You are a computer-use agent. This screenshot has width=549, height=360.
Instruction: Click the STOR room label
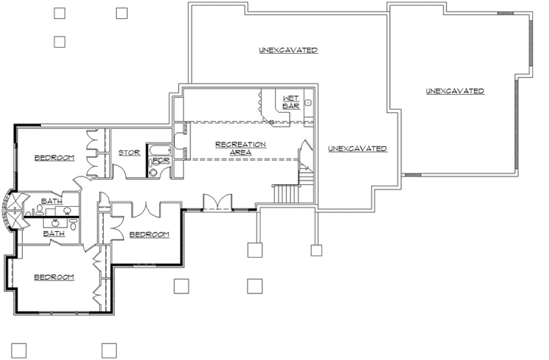(129, 152)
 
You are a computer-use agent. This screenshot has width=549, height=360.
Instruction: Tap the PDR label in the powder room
(161, 161)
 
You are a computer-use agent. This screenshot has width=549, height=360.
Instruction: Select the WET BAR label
(291, 103)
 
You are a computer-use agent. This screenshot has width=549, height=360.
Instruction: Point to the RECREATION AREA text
(240, 148)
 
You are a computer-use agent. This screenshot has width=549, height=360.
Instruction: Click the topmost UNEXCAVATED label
(287, 50)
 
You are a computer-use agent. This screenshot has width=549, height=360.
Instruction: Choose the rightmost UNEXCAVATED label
(454, 91)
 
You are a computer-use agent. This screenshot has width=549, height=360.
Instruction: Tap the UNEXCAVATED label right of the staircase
(357, 149)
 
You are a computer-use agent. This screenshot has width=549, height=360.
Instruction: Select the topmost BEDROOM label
(54, 158)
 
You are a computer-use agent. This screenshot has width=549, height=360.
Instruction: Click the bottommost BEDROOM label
(54, 277)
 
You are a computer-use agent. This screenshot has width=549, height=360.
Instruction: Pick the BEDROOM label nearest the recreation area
(148, 234)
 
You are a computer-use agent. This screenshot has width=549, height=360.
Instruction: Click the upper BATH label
(51, 202)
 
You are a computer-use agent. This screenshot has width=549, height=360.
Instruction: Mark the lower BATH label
(53, 234)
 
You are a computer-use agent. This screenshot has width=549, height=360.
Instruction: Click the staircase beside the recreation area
(287, 194)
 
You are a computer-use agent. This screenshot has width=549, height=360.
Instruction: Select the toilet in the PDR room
(154, 172)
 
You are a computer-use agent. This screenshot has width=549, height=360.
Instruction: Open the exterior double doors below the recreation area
(217, 202)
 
